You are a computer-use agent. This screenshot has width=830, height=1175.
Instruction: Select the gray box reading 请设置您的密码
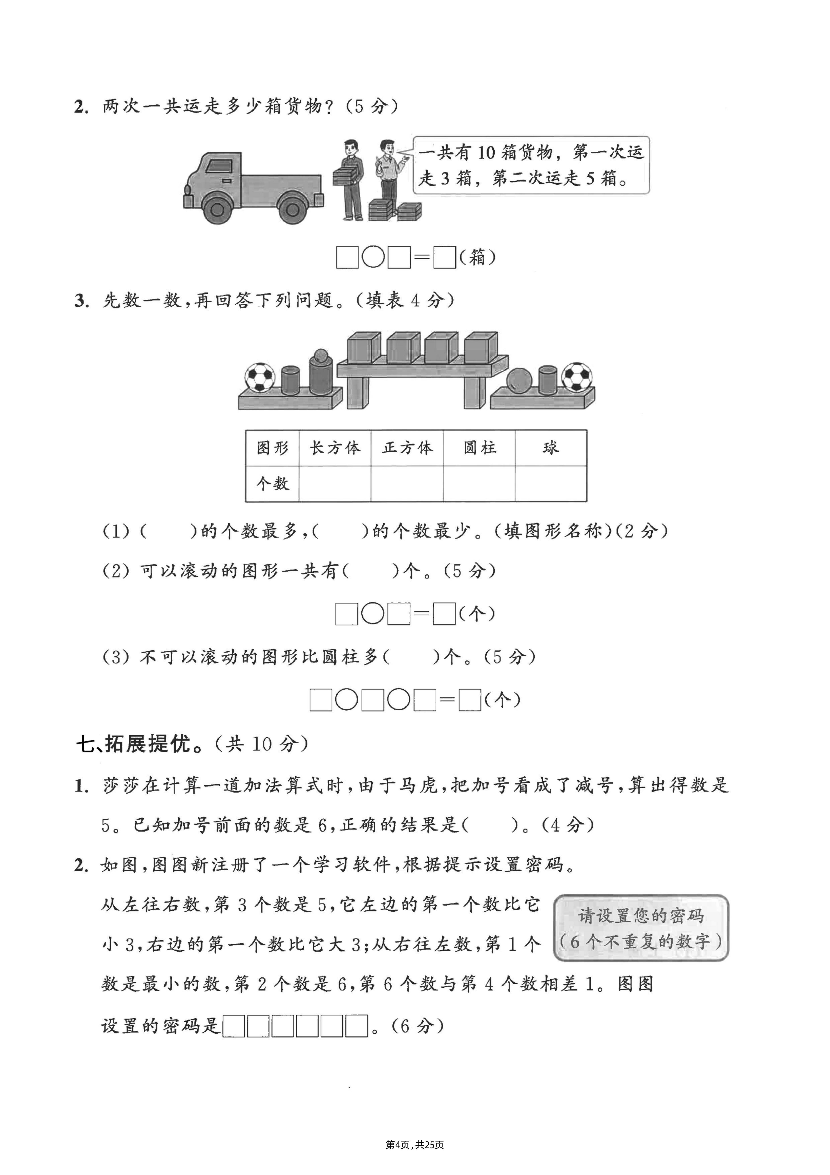tap(641, 928)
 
